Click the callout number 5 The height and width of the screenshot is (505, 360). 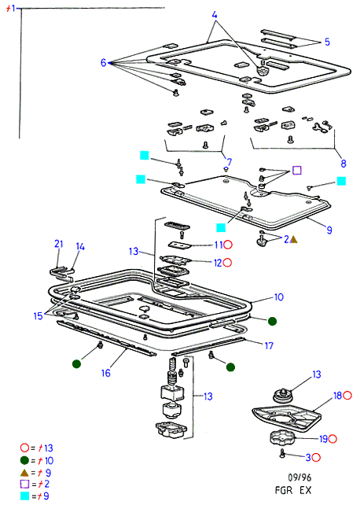point(327,42)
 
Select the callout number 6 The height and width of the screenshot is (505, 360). point(103,62)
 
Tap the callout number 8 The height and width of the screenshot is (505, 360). point(343,164)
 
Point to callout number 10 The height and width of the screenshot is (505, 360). point(278,297)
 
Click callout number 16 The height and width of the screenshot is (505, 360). point(106,373)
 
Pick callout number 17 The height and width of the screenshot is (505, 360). point(269,346)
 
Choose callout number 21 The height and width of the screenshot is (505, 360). point(58,244)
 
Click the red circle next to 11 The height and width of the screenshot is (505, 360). point(228,245)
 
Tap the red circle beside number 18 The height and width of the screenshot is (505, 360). point(347,396)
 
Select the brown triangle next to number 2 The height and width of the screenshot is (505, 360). point(294,239)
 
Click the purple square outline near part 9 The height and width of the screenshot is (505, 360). point(296,171)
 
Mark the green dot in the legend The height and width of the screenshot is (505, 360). point(24,460)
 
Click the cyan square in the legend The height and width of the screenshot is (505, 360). point(25,496)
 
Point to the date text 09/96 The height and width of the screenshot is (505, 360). point(299,477)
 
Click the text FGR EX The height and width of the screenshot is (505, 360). point(293,490)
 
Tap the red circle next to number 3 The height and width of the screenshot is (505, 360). point(316,457)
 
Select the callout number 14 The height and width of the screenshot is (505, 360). point(80,247)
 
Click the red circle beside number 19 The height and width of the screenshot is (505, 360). point(332,439)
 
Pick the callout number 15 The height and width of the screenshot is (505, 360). point(38,316)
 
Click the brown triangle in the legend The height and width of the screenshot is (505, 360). point(24,473)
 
